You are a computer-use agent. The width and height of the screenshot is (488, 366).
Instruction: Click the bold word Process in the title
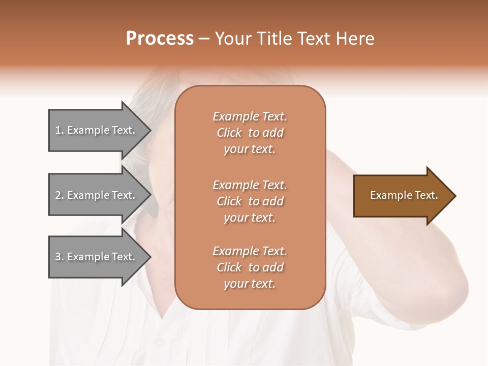coord(160,39)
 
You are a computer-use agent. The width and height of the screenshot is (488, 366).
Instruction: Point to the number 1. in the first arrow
coord(59,130)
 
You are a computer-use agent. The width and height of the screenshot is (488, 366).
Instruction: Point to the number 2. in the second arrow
coord(59,195)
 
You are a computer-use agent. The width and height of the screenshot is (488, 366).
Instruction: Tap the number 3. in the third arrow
coord(59,257)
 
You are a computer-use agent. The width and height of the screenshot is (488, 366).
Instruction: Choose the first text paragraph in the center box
coord(250,133)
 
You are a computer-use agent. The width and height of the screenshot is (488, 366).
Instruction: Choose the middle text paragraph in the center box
coord(250,201)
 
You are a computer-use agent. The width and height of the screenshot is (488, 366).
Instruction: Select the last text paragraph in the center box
coord(250,267)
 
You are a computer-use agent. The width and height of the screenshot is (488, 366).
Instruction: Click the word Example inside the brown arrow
coord(387,195)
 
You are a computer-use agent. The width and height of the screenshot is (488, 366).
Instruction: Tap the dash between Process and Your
coord(204,39)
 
